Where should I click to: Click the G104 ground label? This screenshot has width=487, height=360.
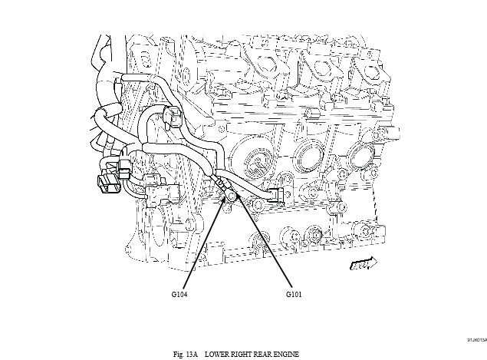click(x=179, y=293)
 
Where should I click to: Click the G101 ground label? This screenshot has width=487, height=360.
click(x=295, y=293)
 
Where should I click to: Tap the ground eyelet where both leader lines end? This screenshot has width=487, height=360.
click(x=231, y=198)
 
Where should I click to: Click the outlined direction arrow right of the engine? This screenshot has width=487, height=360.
click(x=360, y=264)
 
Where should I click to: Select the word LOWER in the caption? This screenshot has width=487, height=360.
click(x=217, y=353)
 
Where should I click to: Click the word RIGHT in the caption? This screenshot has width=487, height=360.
click(x=245, y=353)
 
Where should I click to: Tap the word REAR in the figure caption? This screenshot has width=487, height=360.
click(x=268, y=353)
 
